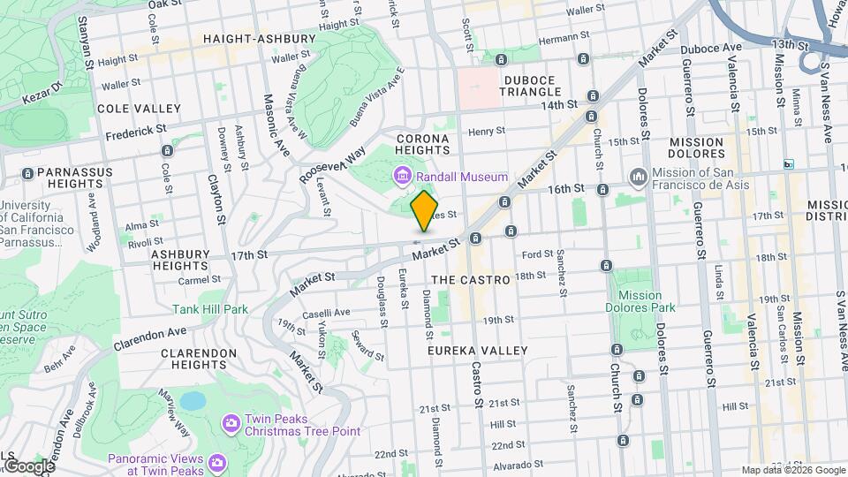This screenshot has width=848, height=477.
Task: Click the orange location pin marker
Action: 425,211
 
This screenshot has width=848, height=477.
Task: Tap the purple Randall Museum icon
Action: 403,178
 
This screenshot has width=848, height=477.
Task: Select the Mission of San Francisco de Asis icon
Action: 639,178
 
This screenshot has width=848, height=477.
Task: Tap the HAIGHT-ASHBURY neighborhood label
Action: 259,39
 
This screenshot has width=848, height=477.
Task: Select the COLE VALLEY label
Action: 139,108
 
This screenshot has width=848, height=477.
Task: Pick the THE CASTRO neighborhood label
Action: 472,279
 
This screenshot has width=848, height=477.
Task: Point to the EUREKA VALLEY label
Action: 477,351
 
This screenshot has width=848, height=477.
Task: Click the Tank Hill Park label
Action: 210,309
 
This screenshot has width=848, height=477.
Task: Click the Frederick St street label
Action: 136,132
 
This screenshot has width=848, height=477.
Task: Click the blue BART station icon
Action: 789,164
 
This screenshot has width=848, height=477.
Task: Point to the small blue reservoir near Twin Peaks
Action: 192,401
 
